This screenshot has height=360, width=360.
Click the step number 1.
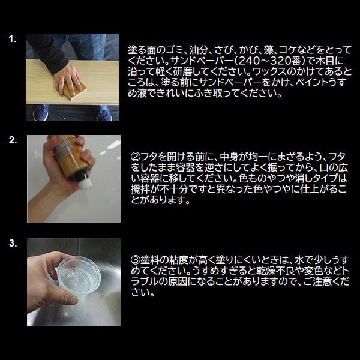pyautogui.click(x=13, y=39)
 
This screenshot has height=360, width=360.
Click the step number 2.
pyautogui.click(x=13, y=140)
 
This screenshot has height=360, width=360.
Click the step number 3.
pyautogui.click(x=13, y=243)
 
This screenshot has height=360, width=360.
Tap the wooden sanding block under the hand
pyautogui.click(x=74, y=91)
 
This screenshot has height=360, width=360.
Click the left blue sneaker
pyautogui.click(x=41, y=113)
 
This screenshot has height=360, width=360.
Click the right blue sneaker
pyautogui.click(x=104, y=113)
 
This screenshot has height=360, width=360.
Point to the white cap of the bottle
pyautogui.click(x=86, y=182)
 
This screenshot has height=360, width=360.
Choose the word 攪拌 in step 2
pyautogui.click(x=140, y=190)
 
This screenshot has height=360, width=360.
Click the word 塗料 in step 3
pyautogui.click(x=149, y=260)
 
